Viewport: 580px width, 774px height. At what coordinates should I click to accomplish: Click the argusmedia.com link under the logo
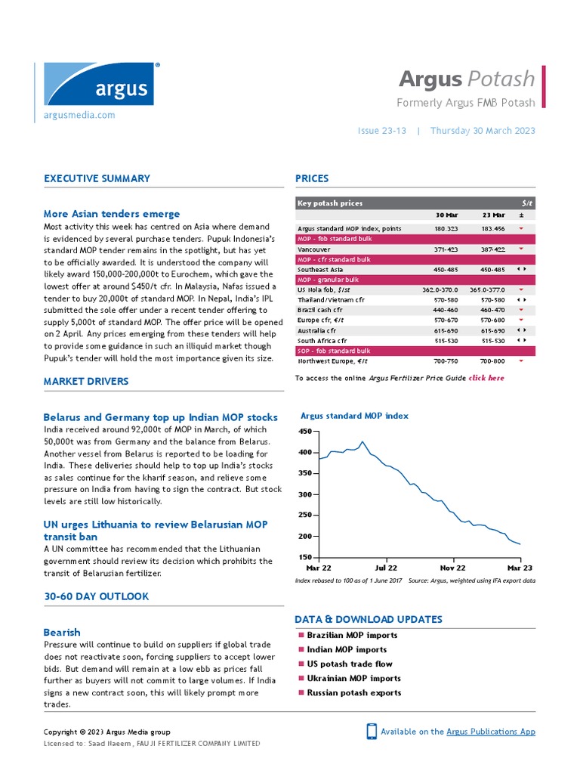(79, 115)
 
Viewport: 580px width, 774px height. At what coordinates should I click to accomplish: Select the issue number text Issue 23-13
(381, 131)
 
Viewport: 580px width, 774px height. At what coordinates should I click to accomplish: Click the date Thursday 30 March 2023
(483, 131)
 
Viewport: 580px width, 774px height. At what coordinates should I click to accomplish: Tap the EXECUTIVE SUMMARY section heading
(97, 179)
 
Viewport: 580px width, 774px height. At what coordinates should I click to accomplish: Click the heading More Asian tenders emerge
(112, 214)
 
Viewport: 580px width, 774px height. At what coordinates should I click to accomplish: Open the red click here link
(486, 378)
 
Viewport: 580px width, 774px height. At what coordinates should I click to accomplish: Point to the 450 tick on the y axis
(305, 431)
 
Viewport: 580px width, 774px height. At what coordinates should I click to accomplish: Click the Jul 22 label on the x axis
(386, 568)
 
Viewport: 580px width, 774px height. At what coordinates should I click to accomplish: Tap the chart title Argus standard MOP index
(354, 416)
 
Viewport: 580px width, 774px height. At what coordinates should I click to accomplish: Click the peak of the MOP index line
(362, 441)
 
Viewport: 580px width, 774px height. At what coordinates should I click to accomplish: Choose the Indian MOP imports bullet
(346, 649)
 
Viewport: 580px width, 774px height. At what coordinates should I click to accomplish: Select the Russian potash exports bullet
(353, 692)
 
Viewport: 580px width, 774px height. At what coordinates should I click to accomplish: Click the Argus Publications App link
(491, 732)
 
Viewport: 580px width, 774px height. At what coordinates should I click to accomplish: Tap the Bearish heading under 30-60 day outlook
(62, 632)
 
